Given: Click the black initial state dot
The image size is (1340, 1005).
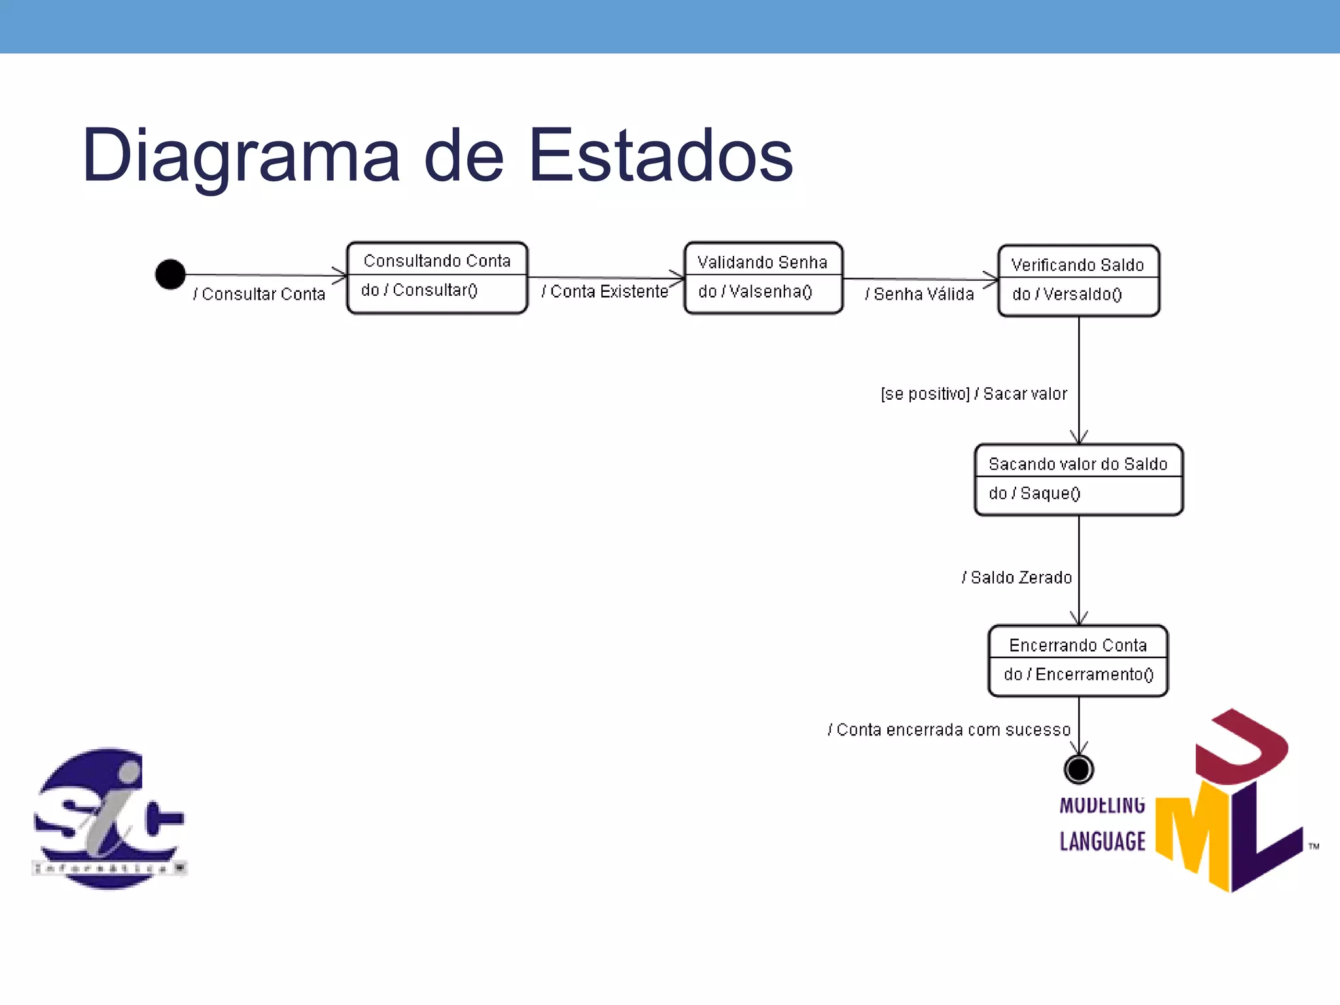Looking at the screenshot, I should [170, 274].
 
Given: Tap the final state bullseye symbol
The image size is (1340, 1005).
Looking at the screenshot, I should [1078, 769].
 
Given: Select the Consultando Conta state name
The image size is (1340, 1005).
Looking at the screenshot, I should [436, 260].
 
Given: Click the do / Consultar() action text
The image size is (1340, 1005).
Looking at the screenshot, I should [419, 290].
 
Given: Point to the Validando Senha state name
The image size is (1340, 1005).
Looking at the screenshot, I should [762, 262].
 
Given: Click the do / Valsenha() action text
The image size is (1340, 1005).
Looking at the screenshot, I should [755, 291].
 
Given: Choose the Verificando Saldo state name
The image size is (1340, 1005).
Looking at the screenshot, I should [1077, 264].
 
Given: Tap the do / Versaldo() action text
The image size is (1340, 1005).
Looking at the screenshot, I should [1067, 294].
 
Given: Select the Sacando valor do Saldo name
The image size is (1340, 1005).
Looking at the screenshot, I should [1078, 464].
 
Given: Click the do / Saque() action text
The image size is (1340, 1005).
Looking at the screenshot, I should [1034, 493].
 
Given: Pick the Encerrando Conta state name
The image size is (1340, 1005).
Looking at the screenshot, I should [1078, 645].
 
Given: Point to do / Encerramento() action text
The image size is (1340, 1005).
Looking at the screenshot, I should [1078, 674].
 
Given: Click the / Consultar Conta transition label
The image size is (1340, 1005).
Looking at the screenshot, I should [259, 294].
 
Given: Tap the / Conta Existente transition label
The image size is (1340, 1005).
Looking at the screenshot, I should [605, 291].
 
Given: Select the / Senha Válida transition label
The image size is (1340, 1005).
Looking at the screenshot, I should [919, 294].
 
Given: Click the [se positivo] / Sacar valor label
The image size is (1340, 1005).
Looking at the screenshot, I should [974, 393].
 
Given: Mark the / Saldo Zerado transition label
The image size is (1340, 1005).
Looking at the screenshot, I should [1017, 577].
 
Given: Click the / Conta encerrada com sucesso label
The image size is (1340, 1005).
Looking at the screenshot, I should [949, 729].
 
